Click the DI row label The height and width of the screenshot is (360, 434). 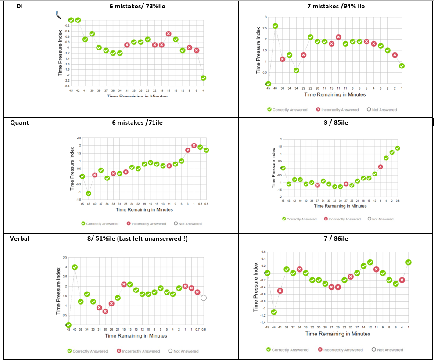pos(19,7)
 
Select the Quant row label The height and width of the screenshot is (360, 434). pos(20,122)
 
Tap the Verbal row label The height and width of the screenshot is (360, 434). pos(20,238)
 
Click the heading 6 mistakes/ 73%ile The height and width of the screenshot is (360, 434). pos(137,7)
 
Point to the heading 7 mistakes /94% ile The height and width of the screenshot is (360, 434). pos(336,7)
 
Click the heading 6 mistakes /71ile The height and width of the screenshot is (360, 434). pos(137,122)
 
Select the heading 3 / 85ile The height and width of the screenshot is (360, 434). pos(336,122)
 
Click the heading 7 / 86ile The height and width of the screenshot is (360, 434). pos(336,238)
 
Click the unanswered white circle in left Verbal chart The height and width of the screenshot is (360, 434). pos(204,298)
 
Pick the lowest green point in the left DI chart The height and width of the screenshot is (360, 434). pos(204,78)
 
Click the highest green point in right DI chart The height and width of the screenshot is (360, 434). pos(275,26)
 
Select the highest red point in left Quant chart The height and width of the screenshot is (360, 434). pos(194,145)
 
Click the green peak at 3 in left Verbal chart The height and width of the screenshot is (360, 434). pos(75,267)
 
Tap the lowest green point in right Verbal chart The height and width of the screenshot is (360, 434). pos(274,312)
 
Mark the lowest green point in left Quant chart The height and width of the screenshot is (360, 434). pos(88,194)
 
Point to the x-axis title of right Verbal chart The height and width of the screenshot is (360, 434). pos(337,334)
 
